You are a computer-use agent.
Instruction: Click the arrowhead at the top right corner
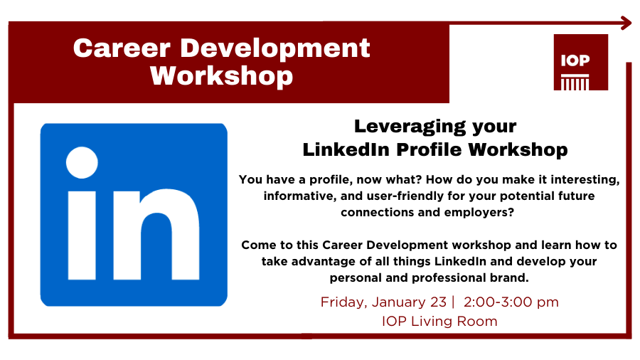[x=626, y=23]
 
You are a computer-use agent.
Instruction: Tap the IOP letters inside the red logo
[x=575, y=60]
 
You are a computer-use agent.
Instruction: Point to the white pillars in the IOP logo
[x=575, y=83]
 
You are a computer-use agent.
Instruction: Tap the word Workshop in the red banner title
[x=221, y=75]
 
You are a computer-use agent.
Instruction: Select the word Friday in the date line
[x=341, y=302]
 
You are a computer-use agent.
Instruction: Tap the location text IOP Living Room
[x=439, y=321]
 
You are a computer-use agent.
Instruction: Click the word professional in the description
[x=454, y=277]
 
